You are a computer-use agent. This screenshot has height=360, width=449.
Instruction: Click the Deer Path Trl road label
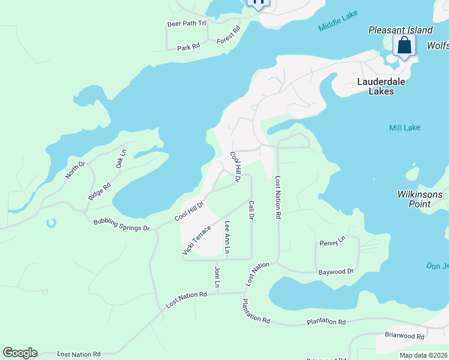pos(186,23)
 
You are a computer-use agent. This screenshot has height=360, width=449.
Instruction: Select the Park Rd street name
pos(188,47)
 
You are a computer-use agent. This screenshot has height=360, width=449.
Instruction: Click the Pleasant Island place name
pos(400,30)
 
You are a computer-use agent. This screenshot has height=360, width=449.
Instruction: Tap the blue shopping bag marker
pos(405,46)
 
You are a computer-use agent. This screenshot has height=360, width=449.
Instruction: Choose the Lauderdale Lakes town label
pos(384,86)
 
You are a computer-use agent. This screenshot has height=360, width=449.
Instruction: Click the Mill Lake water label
pos(404,127)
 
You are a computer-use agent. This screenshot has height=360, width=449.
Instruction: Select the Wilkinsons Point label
pos(420,199)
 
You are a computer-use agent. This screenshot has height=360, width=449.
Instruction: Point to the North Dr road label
pos(76,170)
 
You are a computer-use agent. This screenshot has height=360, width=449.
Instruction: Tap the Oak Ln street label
pos(121,158)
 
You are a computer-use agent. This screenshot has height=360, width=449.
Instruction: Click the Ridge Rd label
pos(100,191)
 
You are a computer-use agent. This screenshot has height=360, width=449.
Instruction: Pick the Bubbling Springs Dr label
pos(121,225)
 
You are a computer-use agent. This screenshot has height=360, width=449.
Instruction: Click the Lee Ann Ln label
pos(227,237)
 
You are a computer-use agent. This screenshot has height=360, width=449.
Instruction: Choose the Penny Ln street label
pos(333,241)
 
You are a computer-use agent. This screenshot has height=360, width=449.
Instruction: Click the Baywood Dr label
pos(336,272)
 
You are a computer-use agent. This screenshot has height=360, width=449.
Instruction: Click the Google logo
pos(20,353)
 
